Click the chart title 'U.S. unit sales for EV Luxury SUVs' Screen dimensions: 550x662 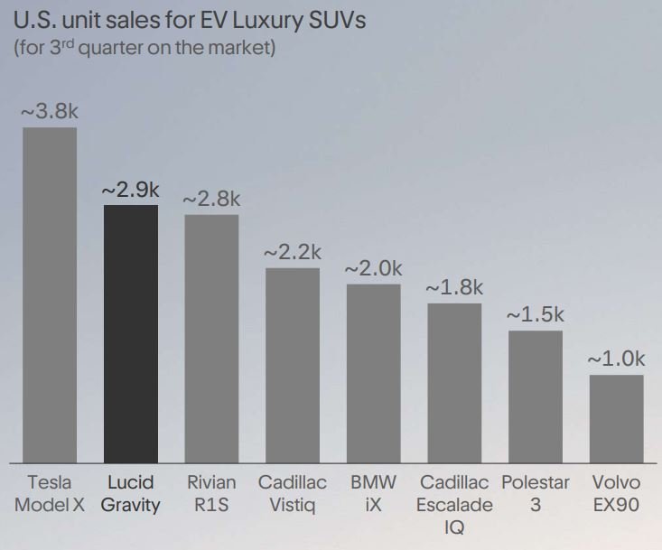[x=190, y=20]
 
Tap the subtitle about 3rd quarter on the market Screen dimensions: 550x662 [x=145, y=48]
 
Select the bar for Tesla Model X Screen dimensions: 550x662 [x=50, y=294]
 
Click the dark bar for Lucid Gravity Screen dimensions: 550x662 [x=131, y=333]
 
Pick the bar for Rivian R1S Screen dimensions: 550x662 [x=211, y=338]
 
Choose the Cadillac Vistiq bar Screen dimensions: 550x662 [x=293, y=365]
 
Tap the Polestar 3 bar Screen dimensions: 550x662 [x=535, y=396]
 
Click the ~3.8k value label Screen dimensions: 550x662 [x=50, y=112]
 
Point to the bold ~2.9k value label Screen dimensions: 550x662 [x=130, y=190]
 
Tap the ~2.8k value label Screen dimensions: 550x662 [x=211, y=199]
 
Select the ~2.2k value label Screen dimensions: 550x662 [x=293, y=253]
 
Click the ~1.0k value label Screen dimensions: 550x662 [x=616, y=359]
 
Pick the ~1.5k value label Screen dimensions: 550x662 [x=535, y=315]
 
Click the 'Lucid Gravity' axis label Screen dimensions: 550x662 [x=130, y=493]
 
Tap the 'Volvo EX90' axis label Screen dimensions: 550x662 [x=616, y=493]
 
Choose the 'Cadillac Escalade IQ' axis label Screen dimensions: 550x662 [x=454, y=505]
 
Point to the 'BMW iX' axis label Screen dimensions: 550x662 [x=373, y=493]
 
